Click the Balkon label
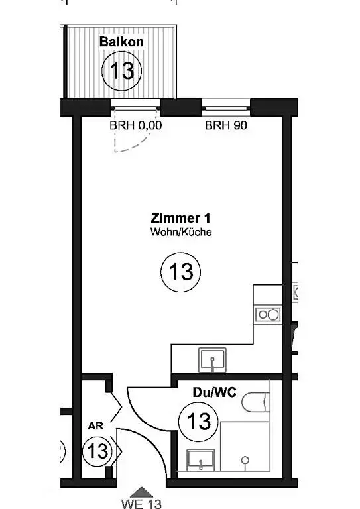tap(121, 42)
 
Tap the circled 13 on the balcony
tap(122, 70)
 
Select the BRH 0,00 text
tap(135, 125)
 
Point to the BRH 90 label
tap(226, 125)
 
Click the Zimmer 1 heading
tap(180, 218)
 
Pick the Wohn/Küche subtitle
tap(181, 232)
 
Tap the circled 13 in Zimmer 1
tap(181, 272)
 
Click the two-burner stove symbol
tap(268, 314)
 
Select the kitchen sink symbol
tap(213, 360)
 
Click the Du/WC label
tap(215, 392)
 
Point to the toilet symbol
tap(256, 402)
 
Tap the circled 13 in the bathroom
tap(199, 422)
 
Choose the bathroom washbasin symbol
tap(201, 459)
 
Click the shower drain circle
tap(245, 460)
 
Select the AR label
tap(95, 425)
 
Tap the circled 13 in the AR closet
tap(97, 451)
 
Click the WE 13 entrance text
tap(141, 504)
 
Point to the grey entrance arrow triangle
tap(141, 492)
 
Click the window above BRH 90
tap(225, 107)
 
